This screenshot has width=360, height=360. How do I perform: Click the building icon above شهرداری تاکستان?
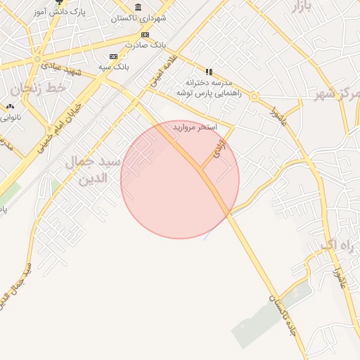138,6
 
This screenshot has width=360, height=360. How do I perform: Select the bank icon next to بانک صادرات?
145,34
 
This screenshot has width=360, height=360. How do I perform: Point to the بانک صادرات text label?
144,45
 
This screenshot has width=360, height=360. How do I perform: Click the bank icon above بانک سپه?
112,56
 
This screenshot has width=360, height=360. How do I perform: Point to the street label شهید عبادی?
63,67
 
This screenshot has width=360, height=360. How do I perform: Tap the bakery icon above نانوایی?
10,107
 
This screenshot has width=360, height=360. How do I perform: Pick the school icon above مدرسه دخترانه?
209,72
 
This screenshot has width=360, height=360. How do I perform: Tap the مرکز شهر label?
337,94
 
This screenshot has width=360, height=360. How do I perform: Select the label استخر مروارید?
197,127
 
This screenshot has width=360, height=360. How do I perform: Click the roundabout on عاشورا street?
255,96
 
